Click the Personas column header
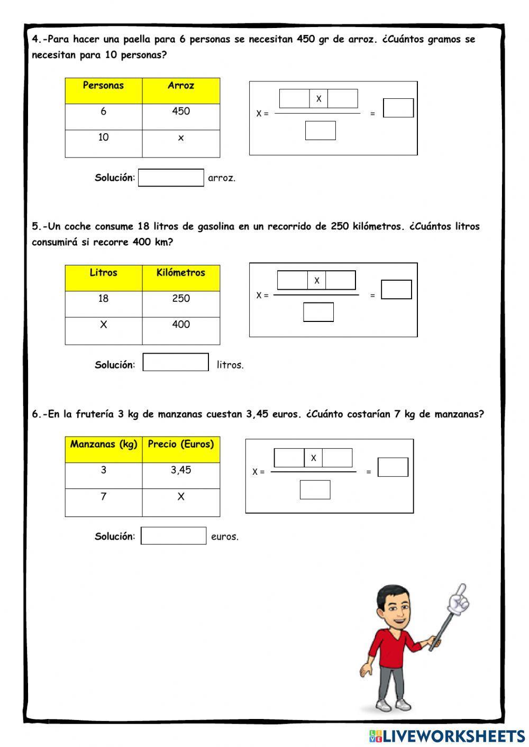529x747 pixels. coord(103,90)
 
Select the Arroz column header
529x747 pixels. coord(181,90)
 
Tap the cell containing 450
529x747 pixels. coord(181,116)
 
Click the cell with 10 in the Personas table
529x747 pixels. coord(103,143)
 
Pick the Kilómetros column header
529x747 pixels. coord(181,278)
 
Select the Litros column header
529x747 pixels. coord(103,278)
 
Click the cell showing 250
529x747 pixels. coord(181,304)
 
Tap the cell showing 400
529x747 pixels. coord(181,330)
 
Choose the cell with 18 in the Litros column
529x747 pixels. coord(103,304)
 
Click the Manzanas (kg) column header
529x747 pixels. coord(103,449)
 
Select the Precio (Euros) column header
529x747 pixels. coord(181,449)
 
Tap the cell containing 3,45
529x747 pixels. coord(181,475)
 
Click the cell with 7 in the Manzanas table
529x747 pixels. coord(103,502)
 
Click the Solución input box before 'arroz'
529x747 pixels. coord(171,178)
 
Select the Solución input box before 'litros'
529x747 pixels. coord(176,362)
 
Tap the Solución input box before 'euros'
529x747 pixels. coord(173,536)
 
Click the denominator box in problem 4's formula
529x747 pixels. coord(320,131)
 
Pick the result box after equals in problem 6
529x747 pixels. coord(393,467)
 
